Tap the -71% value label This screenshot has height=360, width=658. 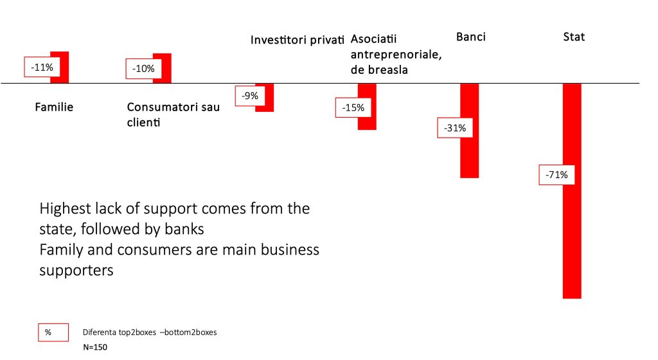[x=556, y=175]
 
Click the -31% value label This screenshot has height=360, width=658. [x=455, y=128]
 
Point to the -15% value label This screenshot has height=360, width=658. [x=353, y=108]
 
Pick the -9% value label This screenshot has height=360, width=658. [x=250, y=96]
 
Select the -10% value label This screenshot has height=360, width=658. [x=143, y=69]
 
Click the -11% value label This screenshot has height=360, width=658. [x=42, y=67]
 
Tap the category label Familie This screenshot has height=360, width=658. [x=54, y=107]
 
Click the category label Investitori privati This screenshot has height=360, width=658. [x=297, y=40]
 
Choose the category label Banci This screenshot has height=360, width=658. [x=471, y=37]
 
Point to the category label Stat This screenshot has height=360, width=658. [x=574, y=37]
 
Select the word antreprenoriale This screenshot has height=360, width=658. [x=396, y=55]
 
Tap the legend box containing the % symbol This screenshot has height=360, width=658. [x=53, y=332]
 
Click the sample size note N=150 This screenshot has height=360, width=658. [x=95, y=347]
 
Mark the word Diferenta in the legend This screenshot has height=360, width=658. [x=99, y=332]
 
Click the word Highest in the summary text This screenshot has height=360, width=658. [x=65, y=209]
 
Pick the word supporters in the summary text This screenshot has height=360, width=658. [x=76, y=271]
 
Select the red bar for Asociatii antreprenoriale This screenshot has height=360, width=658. [x=367, y=107]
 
